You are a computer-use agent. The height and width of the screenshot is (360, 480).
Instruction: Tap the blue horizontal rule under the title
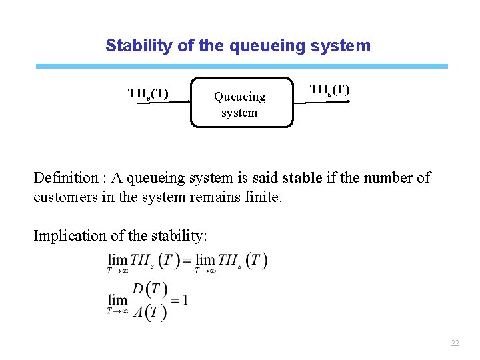[241, 67]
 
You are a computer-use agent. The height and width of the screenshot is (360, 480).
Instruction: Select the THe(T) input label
[147, 93]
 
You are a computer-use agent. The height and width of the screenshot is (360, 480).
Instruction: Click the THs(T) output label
[329, 90]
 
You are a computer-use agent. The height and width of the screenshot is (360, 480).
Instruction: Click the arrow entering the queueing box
[180, 103]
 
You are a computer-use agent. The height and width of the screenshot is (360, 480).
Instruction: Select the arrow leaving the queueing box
[321, 103]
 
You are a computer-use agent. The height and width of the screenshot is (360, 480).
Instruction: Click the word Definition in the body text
[65, 178]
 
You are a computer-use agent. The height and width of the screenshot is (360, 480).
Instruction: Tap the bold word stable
[303, 178]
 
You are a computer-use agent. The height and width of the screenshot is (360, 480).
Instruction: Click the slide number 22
[455, 343]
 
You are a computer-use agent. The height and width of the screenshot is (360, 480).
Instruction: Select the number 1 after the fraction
[185, 300]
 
